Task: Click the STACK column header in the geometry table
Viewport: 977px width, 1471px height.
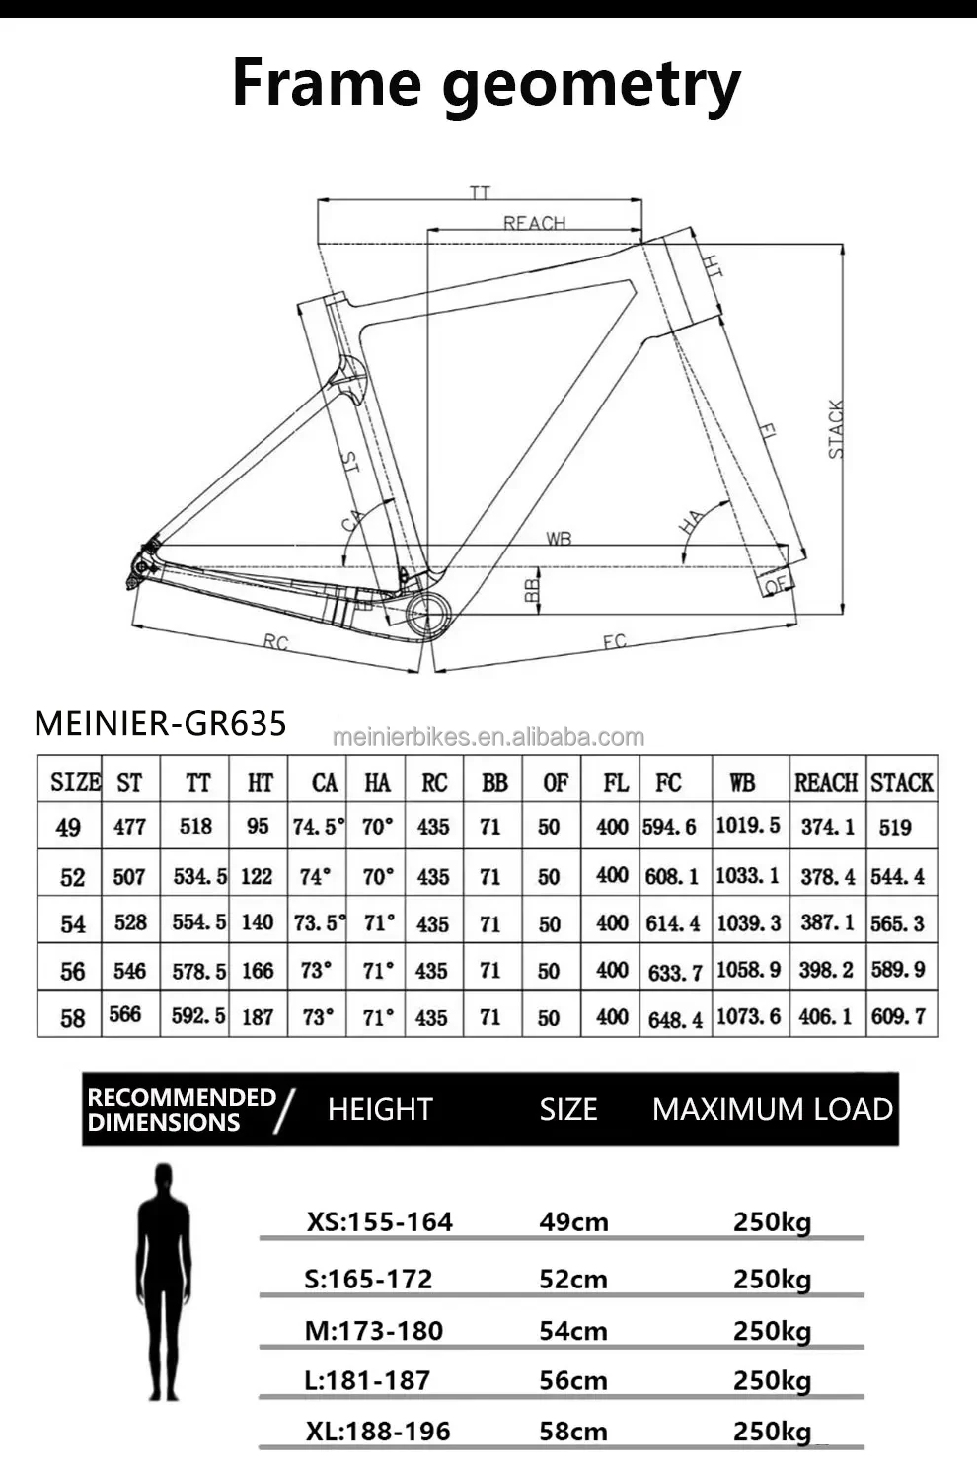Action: tap(902, 782)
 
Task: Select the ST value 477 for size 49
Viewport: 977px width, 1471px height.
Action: tap(129, 826)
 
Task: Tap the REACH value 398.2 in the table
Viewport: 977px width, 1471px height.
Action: tap(826, 970)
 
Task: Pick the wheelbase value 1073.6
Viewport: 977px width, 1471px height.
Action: tap(748, 1016)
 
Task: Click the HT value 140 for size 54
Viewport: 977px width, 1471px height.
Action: tap(258, 922)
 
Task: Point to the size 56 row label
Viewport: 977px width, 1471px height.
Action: tap(72, 971)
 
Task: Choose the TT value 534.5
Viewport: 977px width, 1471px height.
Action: tap(199, 876)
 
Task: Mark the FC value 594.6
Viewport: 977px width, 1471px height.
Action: tap(669, 827)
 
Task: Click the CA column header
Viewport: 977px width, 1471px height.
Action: tap(325, 783)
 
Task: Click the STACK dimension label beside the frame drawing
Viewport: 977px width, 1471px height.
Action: tap(836, 429)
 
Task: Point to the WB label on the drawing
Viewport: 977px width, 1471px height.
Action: tap(559, 539)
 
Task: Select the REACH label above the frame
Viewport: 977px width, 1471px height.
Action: tap(534, 223)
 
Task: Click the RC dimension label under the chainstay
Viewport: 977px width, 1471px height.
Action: tap(275, 642)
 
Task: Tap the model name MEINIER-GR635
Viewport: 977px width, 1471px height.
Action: tap(160, 723)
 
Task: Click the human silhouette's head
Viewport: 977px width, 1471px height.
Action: tap(164, 1181)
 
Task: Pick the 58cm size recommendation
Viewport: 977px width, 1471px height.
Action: tap(573, 1431)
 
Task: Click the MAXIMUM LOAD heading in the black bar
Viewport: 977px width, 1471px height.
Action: tap(772, 1109)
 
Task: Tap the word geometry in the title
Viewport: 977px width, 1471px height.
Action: tap(590, 86)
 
